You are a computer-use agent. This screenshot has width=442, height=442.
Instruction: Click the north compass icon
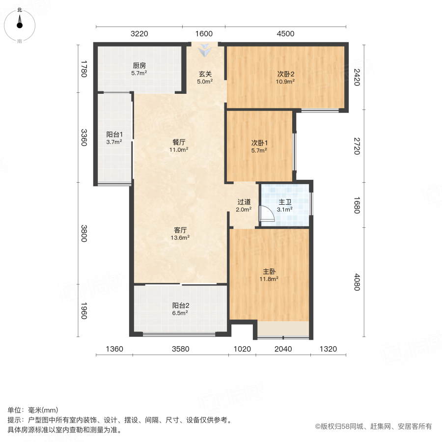pos(20,24)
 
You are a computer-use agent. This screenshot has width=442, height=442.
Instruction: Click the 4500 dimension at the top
pos(285,34)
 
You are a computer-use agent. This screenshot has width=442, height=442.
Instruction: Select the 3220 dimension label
pos(139,34)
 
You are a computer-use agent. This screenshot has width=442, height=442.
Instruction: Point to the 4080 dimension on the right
pos(357,282)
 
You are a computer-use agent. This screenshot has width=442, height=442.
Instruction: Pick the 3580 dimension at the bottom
pos(180,349)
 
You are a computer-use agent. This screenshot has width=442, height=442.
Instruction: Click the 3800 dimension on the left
pos(84,233)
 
